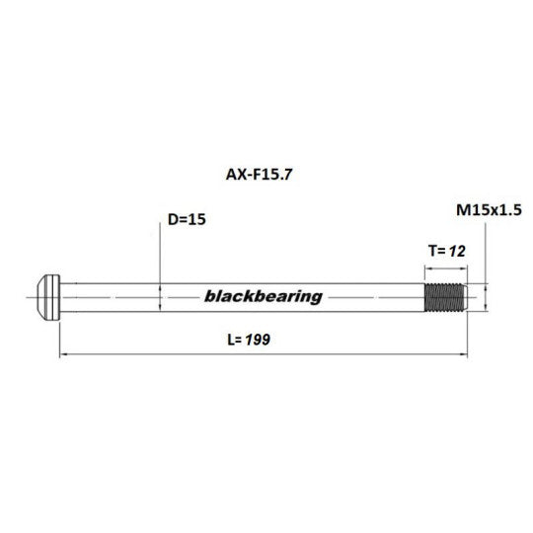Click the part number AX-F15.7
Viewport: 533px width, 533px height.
(259, 175)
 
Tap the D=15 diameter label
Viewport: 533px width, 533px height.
(187, 219)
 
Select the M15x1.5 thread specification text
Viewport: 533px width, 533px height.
(489, 210)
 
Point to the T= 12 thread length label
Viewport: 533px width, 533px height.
(447, 252)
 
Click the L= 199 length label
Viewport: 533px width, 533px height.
(249, 340)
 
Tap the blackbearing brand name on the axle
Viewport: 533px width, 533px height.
(264, 296)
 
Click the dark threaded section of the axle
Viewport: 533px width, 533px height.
(443, 297)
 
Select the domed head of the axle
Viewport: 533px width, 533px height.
(48, 297)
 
